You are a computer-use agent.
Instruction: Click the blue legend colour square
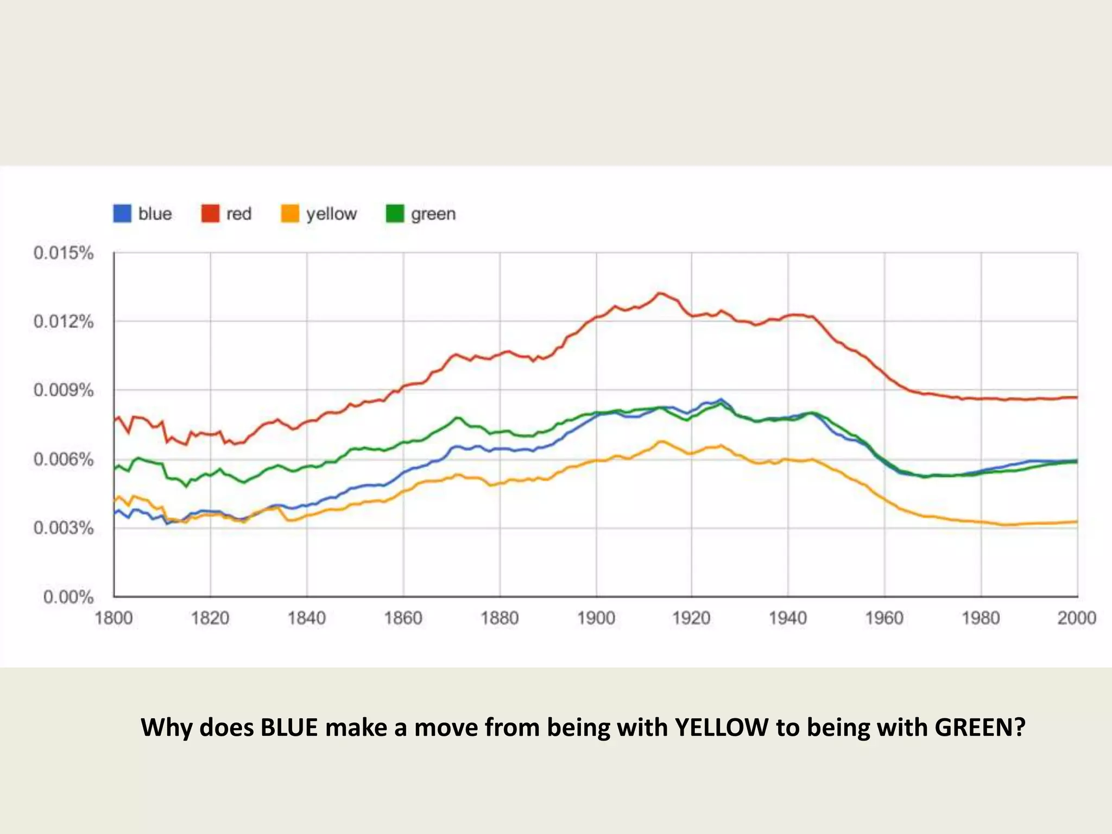point(122,213)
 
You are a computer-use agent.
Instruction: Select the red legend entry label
point(239,214)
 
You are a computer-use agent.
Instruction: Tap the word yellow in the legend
point(331,214)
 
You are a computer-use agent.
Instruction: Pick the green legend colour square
point(395,213)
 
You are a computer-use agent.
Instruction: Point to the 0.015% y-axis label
point(64,253)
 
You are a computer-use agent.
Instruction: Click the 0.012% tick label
point(64,321)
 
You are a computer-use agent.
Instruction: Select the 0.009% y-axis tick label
point(64,390)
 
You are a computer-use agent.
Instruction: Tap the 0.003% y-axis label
point(64,528)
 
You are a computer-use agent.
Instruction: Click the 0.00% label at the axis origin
point(68,597)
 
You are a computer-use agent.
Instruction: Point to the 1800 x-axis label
point(113,618)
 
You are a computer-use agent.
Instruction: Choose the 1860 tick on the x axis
point(403,618)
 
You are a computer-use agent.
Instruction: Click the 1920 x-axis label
point(691,618)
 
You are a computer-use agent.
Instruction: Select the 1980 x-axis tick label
point(981,618)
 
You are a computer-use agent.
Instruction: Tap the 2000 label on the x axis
point(1076,618)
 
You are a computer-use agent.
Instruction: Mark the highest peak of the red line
point(660,293)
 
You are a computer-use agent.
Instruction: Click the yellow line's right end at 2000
point(1077,522)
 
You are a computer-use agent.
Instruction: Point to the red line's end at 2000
point(1077,397)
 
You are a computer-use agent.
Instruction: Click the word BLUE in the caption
point(289,728)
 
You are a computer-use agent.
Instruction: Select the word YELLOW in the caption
point(722,728)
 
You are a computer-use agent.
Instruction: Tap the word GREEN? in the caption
point(980,728)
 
